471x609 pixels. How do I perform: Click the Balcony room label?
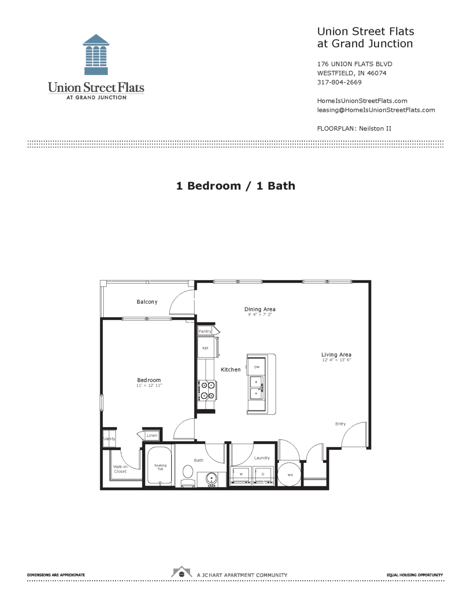pyautogui.click(x=147, y=302)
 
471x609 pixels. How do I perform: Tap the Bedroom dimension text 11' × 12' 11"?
pyautogui.click(x=149, y=385)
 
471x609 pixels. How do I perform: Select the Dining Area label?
pyautogui.click(x=260, y=309)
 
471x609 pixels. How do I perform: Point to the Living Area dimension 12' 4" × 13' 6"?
pyautogui.click(x=336, y=360)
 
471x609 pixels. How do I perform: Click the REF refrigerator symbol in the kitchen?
pyautogui.click(x=205, y=348)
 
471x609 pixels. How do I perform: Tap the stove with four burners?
pyautogui.click(x=207, y=391)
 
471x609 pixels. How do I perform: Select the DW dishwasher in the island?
pyautogui.click(x=257, y=367)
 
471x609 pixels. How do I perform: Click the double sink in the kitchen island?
pyautogui.click(x=256, y=387)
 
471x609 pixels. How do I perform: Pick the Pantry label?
pyautogui.click(x=205, y=331)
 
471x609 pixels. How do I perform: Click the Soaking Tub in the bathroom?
pyautogui.click(x=160, y=467)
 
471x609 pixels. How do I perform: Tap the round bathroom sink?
pyautogui.click(x=212, y=479)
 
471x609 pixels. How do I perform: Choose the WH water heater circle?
pyautogui.click(x=290, y=474)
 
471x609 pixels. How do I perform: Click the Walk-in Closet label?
pyautogui.click(x=120, y=469)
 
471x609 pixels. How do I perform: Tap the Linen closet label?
pyautogui.click(x=152, y=435)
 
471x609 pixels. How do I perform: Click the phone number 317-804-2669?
pyautogui.click(x=339, y=82)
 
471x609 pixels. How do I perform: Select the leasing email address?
pyautogui.click(x=376, y=110)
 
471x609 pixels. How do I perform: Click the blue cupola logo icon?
pyautogui.click(x=96, y=55)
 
